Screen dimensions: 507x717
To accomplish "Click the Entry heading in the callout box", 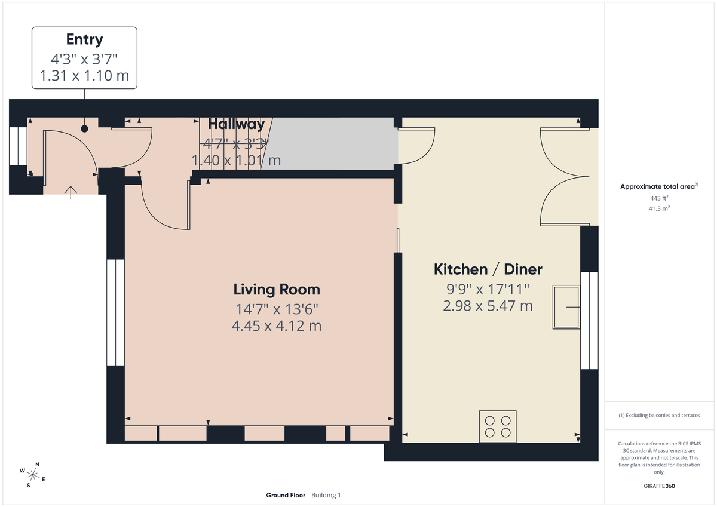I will tap(84, 40).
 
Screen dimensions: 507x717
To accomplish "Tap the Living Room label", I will tap(277, 290).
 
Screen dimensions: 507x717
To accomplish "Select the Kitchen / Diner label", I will tap(488, 269).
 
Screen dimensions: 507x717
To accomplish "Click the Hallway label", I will tap(236, 124).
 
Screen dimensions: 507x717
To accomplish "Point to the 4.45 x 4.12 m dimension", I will tap(277, 326).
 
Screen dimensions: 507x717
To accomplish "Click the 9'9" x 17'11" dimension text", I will tap(488, 290).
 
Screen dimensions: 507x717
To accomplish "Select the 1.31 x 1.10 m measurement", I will tap(84, 76).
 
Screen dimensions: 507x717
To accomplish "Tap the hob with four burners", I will tap(498, 426).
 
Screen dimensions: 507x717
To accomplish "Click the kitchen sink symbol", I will tap(566, 307).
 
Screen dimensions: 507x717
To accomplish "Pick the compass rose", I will tap(33, 475).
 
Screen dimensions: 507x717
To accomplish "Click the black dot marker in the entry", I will tap(84, 128).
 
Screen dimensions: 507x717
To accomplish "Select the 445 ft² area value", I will tap(660, 198).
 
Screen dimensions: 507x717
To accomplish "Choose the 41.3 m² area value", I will tap(660, 208).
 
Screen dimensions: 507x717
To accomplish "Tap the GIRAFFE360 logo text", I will tap(660, 486).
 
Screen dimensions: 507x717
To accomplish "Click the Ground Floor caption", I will tap(286, 495).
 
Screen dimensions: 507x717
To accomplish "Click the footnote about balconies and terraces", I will tap(659, 415).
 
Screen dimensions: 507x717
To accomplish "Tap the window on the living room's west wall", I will tap(115, 312).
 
